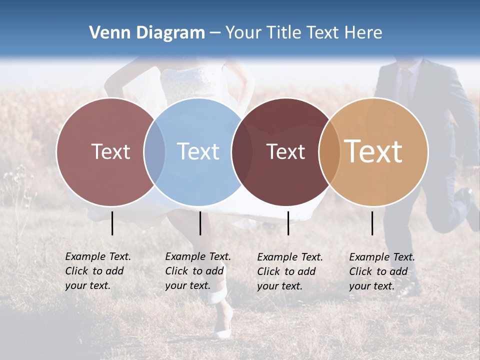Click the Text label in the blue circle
(198, 151)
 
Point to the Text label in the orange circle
(373, 151)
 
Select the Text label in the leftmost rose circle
(110, 151)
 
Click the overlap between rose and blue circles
(154, 152)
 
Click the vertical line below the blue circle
(200, 223)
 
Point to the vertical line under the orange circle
(372, 223)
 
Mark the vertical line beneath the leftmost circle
(112, 223)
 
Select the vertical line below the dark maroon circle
(288, 223)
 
